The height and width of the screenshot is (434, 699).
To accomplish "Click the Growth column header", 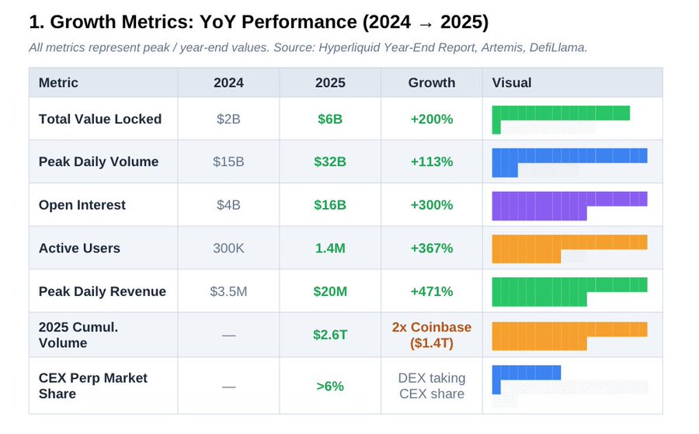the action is tap(432, 83).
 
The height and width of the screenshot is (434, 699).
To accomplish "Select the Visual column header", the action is tap(511, 83).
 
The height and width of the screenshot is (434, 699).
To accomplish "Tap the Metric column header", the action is tap(58, 83).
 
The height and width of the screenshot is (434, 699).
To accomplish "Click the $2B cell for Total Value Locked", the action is tap(228, 119).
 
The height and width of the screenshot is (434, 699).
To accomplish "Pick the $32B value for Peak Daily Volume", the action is tap(330, 161).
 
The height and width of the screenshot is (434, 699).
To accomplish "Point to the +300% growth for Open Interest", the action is tap(432, 205).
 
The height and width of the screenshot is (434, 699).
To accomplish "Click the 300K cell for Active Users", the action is tap(228, 248).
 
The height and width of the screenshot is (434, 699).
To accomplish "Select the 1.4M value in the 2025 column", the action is tap(330, 248).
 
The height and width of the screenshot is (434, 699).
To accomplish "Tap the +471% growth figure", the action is tap(432, 291).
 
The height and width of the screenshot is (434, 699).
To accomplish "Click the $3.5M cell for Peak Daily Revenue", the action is tap(228, 291).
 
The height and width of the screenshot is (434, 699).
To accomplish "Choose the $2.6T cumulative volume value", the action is tap(330, 335).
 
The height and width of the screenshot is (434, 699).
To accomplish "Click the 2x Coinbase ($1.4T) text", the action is tap(432, 335).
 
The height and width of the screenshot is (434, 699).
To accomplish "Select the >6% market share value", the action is tap(330, 386).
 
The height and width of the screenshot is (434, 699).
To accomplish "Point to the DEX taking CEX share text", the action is tap(432, 386).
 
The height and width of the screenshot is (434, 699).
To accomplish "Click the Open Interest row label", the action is tap(82, 205).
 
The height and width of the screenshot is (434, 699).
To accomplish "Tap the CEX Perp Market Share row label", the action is tap(92, 386).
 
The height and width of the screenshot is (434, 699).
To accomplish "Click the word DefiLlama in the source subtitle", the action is tap(558, 47).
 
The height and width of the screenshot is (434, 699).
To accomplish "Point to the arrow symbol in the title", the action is tap(426, 23).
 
